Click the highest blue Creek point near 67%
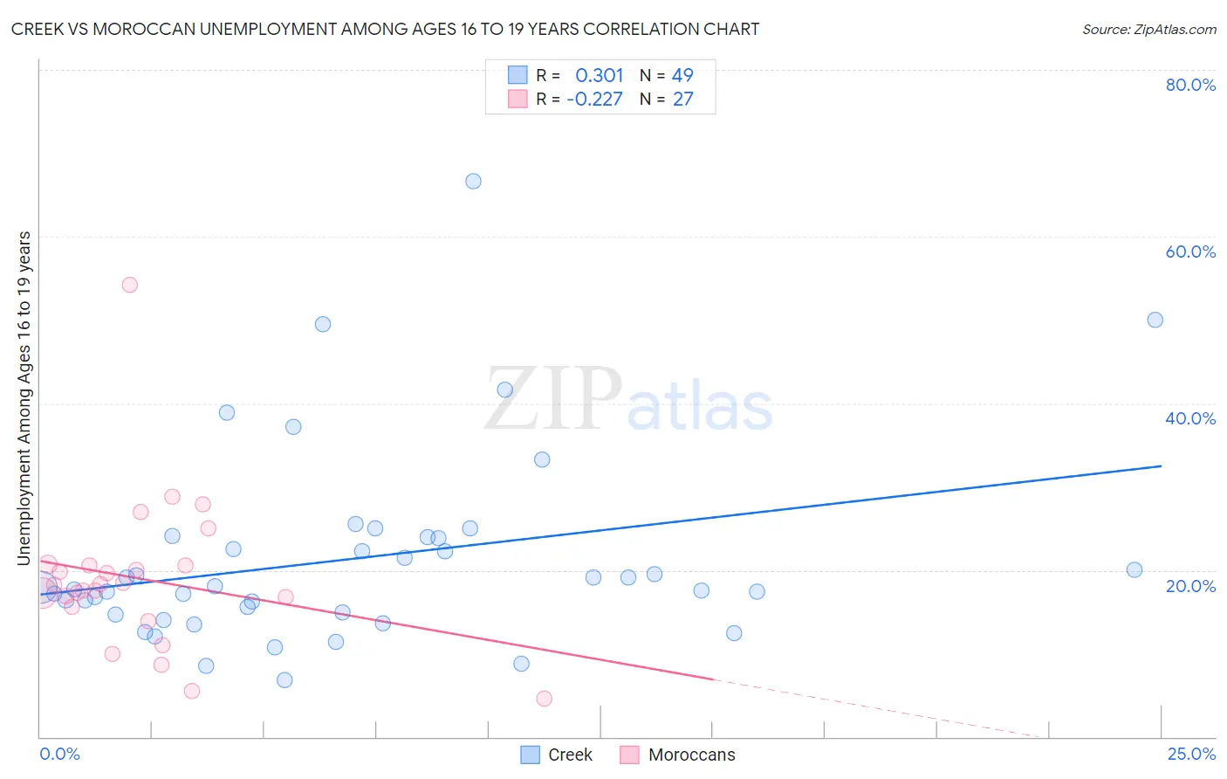(473, 182)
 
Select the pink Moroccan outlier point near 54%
(130, 285)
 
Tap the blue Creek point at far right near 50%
(1155, 320)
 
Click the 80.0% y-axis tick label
(1190, 85)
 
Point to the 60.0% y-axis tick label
(1190, 252)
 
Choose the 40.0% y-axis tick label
(1190, 418)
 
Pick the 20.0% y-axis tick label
(1190, 585)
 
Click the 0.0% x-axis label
(59, 754)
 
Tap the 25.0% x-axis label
(1191, 754)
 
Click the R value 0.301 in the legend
(600, 75)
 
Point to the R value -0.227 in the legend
(594, 99)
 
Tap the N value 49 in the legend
(682, 75)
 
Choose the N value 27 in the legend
(682, 99)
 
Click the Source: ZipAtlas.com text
(1148, 29)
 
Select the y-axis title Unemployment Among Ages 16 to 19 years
(24, 397)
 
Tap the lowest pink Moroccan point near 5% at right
(544, 699)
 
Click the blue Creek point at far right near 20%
(1134, 570)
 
